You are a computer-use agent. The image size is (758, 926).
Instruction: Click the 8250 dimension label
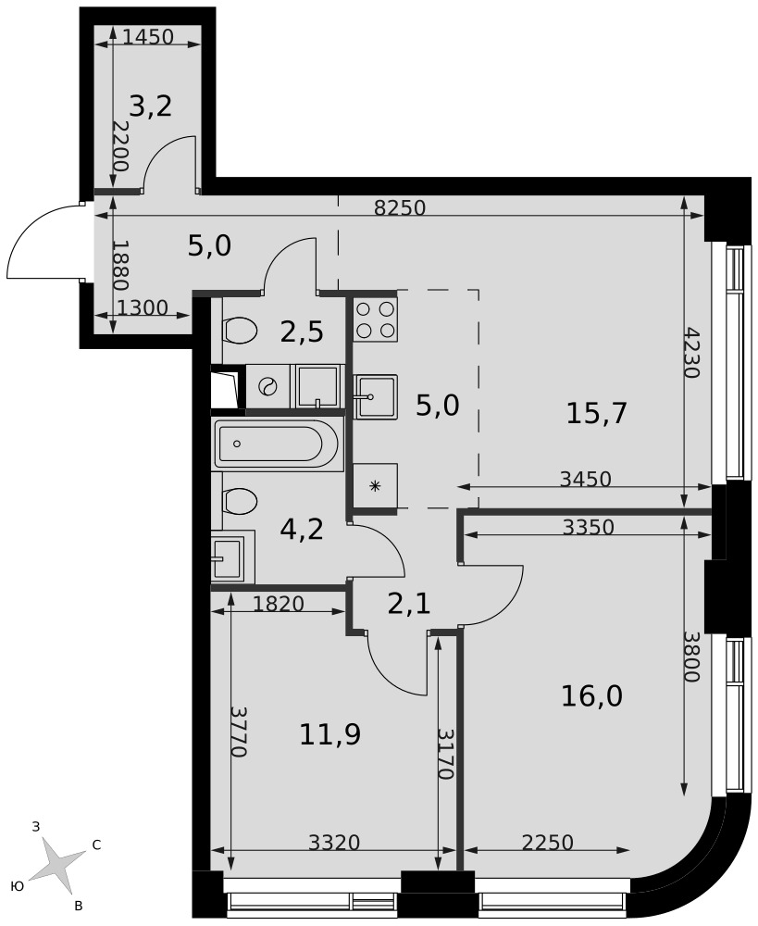coord(400,207)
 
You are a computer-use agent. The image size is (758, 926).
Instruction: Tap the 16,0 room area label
coord(591,696)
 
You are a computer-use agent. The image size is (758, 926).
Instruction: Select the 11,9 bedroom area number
coord(330,734)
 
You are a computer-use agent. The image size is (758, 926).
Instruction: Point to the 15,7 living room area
coord(596,413)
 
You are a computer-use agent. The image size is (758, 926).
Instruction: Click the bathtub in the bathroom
coord(278,445)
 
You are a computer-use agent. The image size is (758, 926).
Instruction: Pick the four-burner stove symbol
coord(375,319)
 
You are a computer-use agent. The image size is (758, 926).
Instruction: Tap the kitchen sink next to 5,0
coord(375,396)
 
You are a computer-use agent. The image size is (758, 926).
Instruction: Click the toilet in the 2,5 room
coord(240,330)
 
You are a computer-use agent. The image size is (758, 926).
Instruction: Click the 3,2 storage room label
coord(151,106)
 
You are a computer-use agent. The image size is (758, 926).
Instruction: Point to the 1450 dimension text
coord(148,37)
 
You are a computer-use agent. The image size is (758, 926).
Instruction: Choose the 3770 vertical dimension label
coord(239,732)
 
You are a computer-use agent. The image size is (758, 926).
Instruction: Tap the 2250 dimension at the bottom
coord(548,842)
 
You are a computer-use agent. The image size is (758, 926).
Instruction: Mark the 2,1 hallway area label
coord(410,604)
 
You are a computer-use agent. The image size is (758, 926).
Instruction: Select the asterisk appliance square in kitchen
coord(375,485)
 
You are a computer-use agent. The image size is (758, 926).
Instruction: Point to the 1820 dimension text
coord(278,604)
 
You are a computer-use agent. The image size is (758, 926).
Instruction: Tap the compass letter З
coord(35,827)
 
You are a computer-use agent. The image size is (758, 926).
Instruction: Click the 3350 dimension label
coord(589,527)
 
